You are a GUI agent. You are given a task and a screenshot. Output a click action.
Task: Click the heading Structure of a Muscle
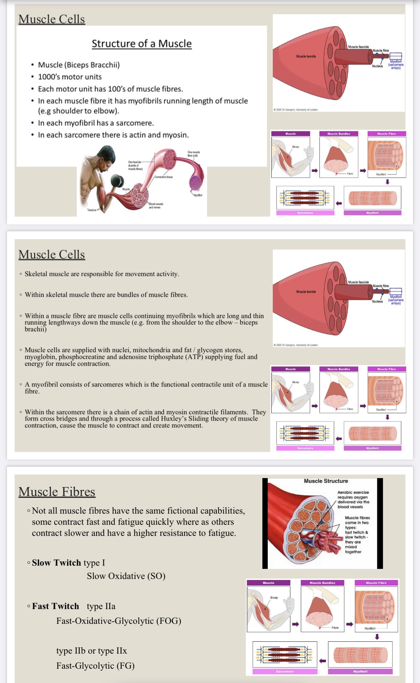coord(141,44)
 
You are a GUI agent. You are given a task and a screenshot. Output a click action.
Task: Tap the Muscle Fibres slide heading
coord(57,492)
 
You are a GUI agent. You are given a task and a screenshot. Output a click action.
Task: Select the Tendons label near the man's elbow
coord(92,210)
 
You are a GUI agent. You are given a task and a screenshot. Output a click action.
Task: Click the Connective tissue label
coord(164,177)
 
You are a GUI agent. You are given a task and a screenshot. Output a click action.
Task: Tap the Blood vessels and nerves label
coord(156,206)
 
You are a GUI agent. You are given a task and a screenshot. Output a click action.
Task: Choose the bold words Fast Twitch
coord(56,606)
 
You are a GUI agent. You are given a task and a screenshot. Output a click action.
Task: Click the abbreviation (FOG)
coord(168,621)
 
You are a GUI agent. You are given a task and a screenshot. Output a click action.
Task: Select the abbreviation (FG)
coord(125,666)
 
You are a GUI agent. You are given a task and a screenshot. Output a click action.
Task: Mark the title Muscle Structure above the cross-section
coord(326,481)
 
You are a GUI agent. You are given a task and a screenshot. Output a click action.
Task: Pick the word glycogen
coord(209,350)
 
